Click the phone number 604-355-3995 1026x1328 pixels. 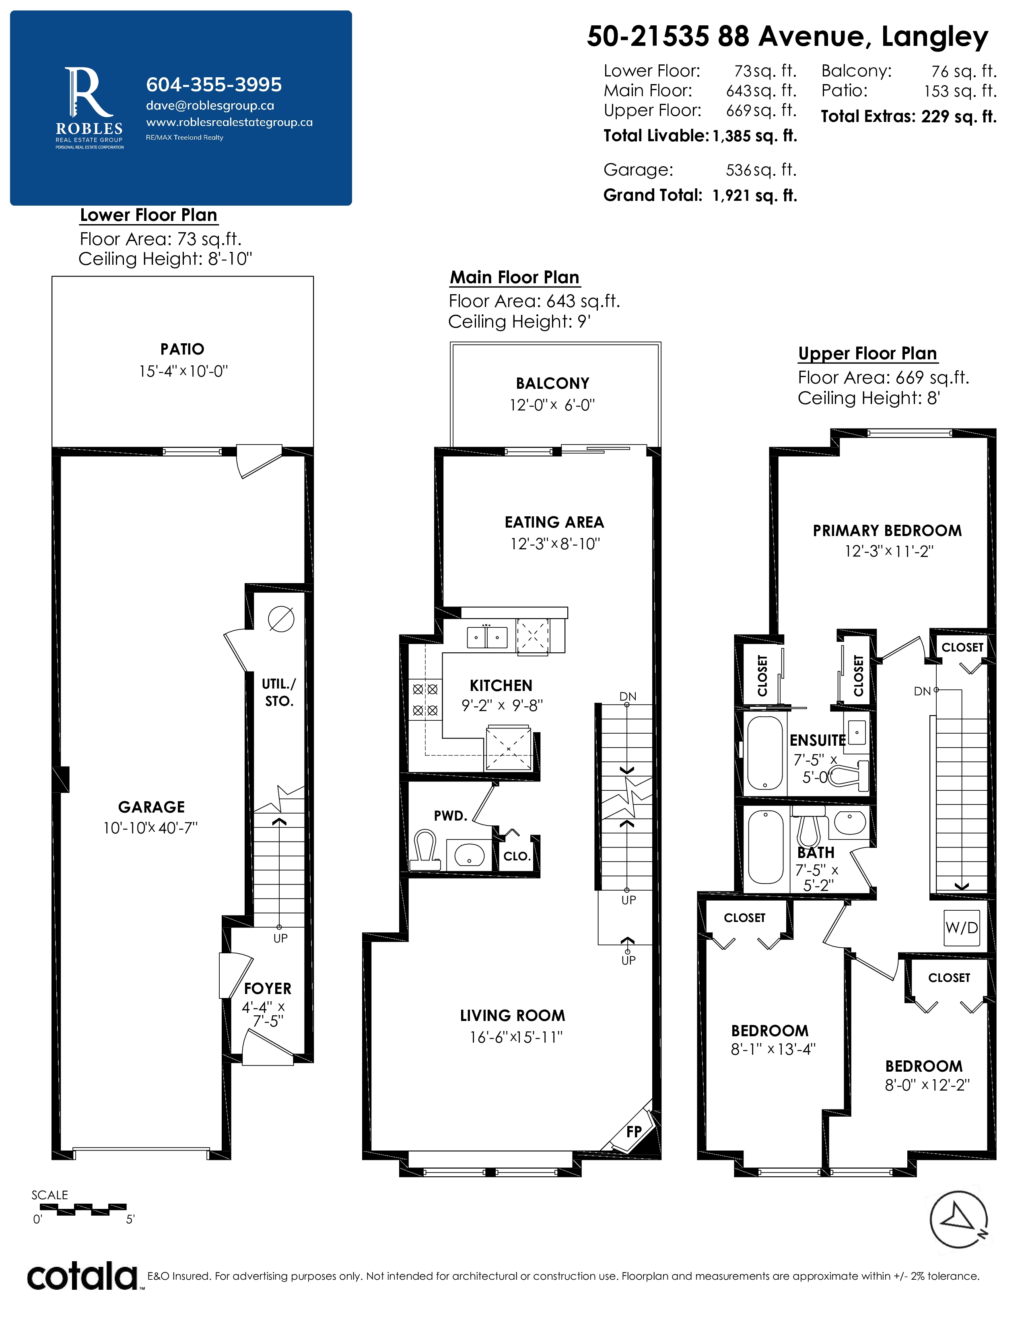tap(214, 85)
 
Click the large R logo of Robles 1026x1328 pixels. tap(89, 93)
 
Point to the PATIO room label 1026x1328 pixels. tap(182, 349)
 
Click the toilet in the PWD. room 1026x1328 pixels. tap(425, 850)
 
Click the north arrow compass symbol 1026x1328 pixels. tap(958, 1219)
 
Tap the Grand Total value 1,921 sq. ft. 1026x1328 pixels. tap(755, 195)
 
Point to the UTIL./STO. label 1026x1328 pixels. tap(279, 693)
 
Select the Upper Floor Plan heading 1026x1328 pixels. tap(867, 353)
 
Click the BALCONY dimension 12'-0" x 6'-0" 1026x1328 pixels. tap(552, 405)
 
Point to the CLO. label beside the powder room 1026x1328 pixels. tap(517, 856)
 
